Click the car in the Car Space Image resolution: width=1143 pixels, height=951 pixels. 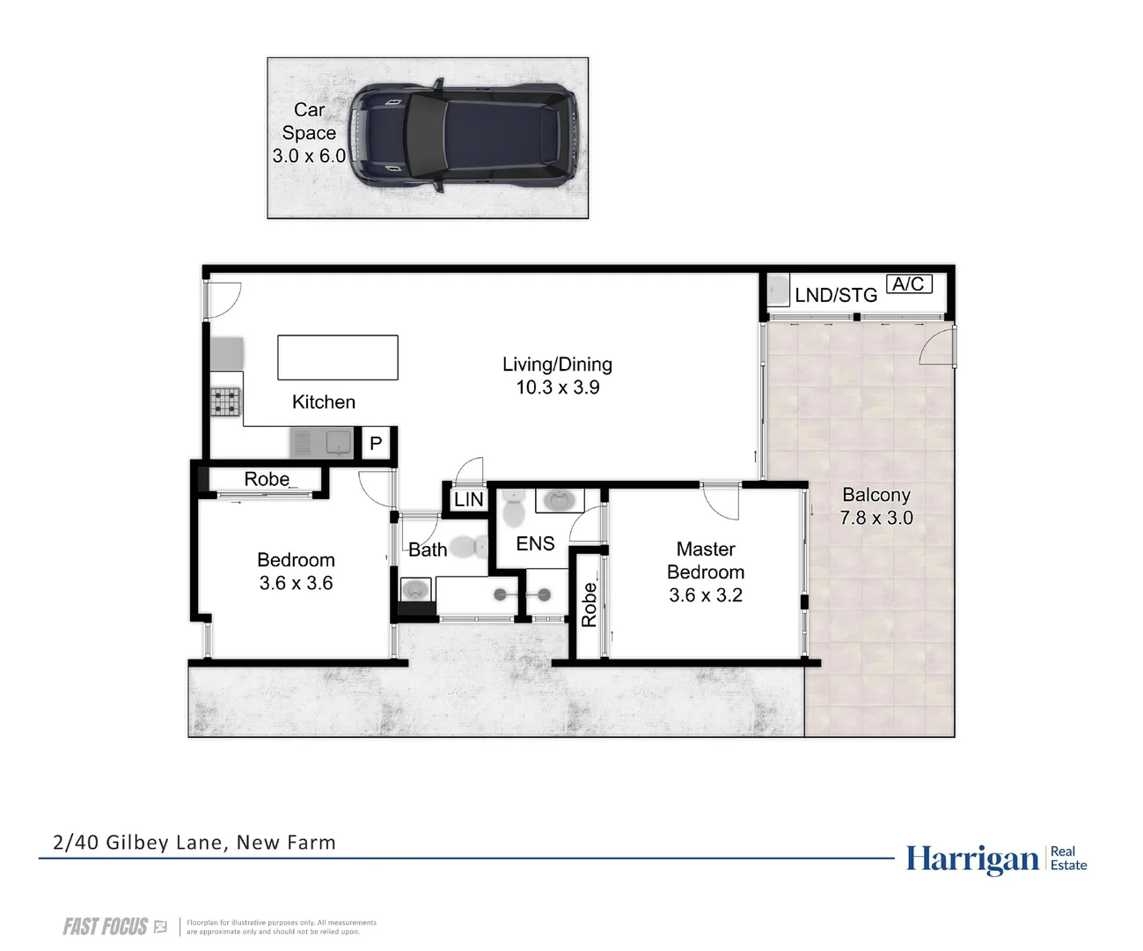click(x=464, y=136)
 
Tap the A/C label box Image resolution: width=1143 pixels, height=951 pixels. click(x=908, y=284)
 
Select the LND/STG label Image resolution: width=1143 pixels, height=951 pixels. click(x=836, y=296)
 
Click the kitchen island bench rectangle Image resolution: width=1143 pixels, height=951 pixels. click(x=338, y=358)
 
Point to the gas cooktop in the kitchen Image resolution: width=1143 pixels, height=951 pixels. click(x=225, y=402)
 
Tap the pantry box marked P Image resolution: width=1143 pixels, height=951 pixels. click(x=376, y=444)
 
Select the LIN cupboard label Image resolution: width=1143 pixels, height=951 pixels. click(x=468, y=500)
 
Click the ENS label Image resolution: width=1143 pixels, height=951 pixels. click(x=535, y=544)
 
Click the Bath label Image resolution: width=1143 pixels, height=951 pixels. click(x=428, y=550)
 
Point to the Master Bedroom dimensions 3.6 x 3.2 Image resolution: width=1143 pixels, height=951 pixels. click(x=706, y=595)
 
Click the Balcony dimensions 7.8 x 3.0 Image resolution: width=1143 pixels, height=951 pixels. click(x=876, y=519)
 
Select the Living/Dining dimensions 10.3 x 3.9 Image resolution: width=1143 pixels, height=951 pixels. click(x=558, y=387)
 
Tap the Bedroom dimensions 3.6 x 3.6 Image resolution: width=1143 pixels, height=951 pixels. click(x=296, y=583)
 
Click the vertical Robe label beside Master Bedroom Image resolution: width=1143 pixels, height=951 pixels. click(x=589, y=604)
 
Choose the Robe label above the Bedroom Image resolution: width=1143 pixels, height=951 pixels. click(x=267, y=479)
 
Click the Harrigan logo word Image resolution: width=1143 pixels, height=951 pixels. click(x=972, y=859)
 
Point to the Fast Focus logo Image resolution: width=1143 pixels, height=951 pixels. click(x=106, y=926)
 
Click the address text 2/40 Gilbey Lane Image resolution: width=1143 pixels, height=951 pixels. click(x=194, y=843)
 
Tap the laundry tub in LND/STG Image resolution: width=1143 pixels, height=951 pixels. click(x=778, y=290)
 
